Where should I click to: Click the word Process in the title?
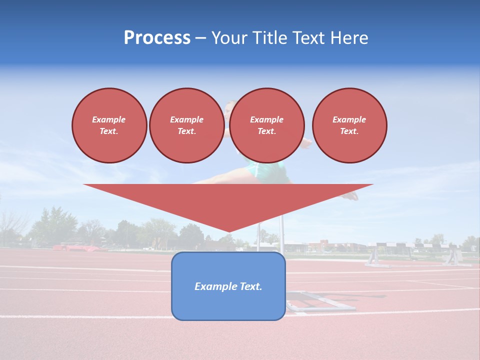pos(157,38)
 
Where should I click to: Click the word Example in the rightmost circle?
pos(349,119)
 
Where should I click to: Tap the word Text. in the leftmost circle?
pos(109,131)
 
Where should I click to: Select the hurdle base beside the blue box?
pos(320,302)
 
